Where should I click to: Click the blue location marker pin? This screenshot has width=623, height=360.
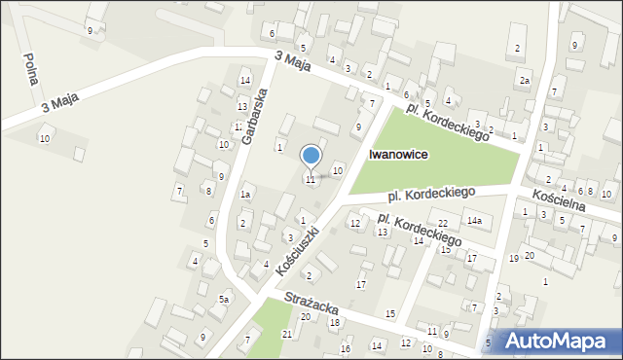coord(311,157)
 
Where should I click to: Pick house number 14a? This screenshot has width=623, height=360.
coord(473,222)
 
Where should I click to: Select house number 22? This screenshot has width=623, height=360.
coord(442,224)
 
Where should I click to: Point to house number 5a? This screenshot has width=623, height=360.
coord(223,299)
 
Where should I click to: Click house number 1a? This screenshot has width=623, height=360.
coord(247,195)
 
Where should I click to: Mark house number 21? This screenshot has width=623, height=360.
coord(286,334)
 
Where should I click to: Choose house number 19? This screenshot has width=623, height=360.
coord(513,258)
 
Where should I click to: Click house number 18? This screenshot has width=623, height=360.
coord(334,322)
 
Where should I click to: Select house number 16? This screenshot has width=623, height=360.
coord(345,348)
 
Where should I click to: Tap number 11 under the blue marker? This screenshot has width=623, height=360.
coord(311,179)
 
